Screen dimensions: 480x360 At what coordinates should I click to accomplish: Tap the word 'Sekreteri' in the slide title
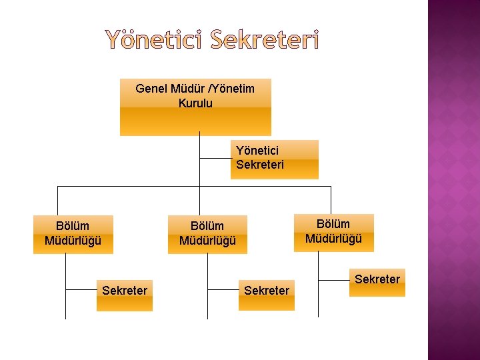pos(265,41)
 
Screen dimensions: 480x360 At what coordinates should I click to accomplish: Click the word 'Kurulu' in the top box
pos(195,103)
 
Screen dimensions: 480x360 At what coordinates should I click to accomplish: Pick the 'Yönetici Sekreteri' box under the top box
pos(275,159)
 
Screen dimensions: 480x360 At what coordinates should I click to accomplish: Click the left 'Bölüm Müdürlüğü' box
pos(73,233)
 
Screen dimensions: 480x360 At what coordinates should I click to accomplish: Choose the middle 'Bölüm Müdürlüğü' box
pos(207,234)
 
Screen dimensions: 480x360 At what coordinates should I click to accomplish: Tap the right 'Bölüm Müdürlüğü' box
pos(333,232)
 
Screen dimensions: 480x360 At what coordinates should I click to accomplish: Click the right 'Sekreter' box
pos(377,283)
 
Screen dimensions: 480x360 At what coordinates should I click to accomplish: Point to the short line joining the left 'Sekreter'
pos(81,289)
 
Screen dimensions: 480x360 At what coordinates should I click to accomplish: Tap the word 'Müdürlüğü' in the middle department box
pos(207,241)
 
